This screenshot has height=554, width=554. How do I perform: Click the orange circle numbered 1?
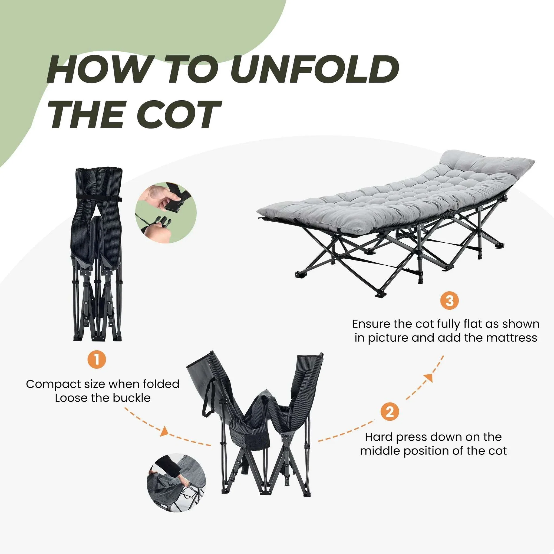pos(97,360)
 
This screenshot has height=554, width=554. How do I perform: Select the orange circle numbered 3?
pos(450,301)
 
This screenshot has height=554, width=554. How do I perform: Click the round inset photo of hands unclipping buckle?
pos(166,212)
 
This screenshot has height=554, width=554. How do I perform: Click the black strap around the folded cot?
pos(99,198)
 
